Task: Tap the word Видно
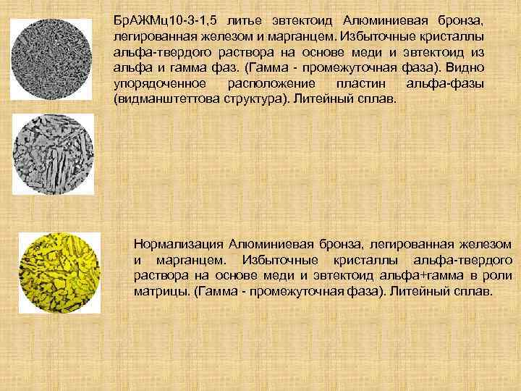(x=468, y=71)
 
